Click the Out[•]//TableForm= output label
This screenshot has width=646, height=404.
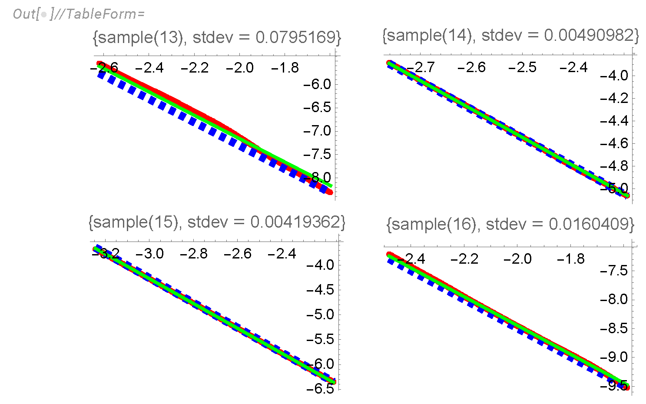79,14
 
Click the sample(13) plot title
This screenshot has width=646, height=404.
216,37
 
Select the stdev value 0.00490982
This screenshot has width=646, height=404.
591,35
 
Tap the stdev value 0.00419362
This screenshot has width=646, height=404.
298,222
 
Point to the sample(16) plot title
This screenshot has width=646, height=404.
510,224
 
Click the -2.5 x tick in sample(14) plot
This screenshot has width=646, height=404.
522,67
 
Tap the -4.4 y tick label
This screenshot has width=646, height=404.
614,121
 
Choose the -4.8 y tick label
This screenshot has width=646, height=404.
614,166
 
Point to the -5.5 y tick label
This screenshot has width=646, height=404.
320,339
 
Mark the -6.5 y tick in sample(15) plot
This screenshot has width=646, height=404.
320,388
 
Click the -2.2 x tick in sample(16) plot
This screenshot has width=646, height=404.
464,259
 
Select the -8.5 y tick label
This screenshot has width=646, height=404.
614,328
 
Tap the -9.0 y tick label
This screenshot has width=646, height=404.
614,357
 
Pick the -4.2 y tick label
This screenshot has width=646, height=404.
614,98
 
